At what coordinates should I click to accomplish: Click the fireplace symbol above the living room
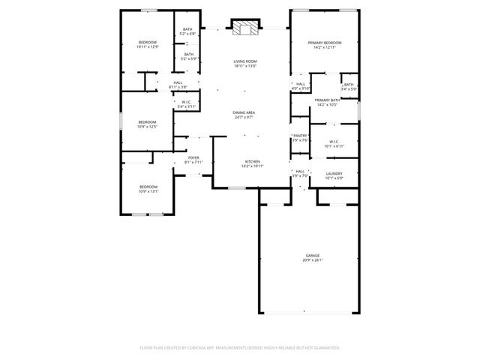click(244, 28)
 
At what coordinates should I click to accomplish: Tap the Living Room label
click(244, 61)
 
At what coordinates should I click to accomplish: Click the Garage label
click(312, 256)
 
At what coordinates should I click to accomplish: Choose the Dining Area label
click(244, 112)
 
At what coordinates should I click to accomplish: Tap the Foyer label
click(193, 157)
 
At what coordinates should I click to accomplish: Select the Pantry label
click(301, 136)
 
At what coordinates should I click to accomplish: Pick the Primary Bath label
click(328, 100)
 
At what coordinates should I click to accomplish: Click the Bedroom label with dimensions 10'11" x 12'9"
click(147, 42)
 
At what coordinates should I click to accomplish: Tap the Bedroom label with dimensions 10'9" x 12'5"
click(147, 122)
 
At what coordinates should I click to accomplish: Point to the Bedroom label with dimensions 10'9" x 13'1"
click(148, 187)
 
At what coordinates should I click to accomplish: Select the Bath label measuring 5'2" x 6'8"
click(187, 30)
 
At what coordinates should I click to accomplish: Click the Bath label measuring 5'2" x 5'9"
click(188, 54)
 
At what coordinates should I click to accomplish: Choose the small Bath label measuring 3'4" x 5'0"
click(349, 85)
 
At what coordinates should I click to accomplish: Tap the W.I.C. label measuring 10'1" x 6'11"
click(334, 141)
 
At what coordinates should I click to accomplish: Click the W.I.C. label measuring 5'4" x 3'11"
click(185, 103)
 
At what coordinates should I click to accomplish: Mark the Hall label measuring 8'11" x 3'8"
click(178, 82)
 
